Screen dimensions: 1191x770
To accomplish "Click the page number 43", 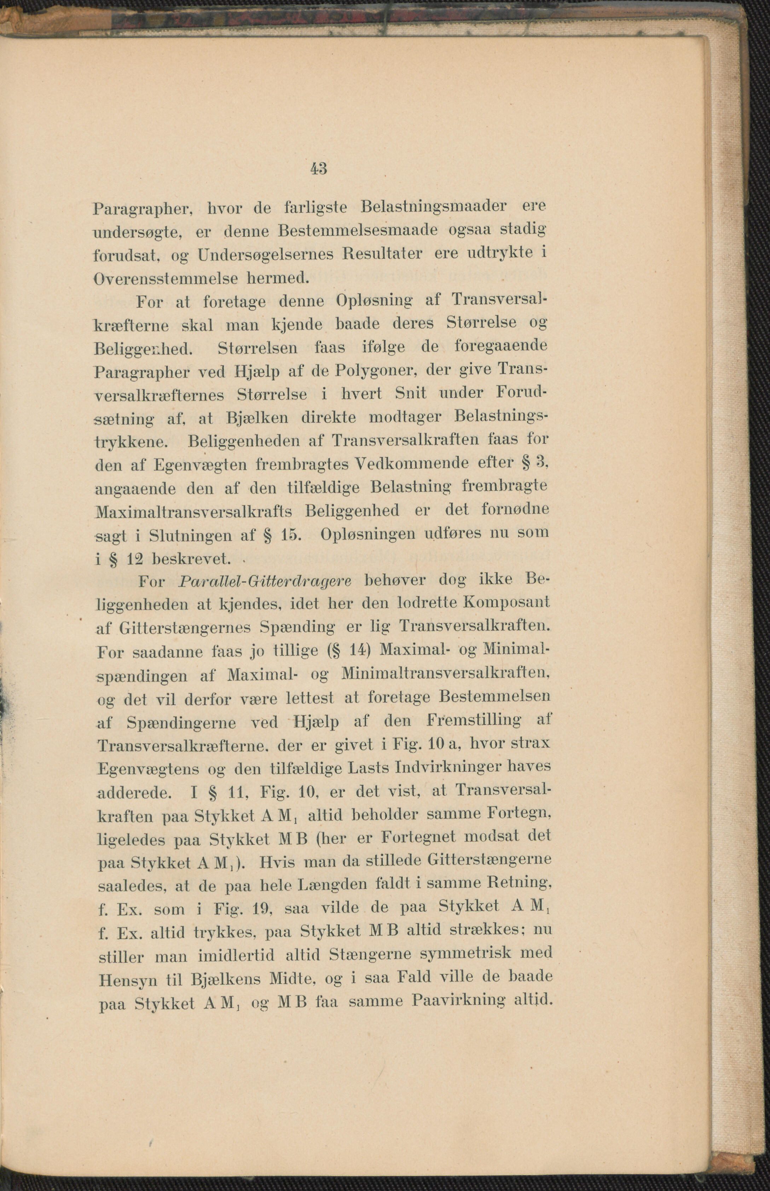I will (318, 168).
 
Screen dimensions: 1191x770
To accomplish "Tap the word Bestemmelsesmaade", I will (358, 231).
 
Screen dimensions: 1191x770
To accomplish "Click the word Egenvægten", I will (199, 465).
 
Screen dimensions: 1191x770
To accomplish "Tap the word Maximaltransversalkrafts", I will (193, 511).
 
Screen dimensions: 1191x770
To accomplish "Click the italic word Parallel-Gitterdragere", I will (265, 581).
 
